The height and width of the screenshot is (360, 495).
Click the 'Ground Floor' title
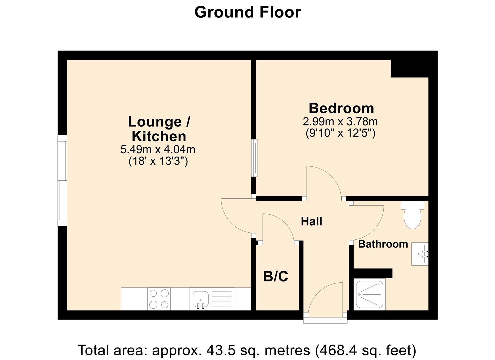(x=247, y=12)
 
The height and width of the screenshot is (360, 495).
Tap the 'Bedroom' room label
(x=341, y=108)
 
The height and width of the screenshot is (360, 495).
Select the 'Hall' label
(x=311, y=221)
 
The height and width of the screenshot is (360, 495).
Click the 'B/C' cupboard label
(x=275, y=276)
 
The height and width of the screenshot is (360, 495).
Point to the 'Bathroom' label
(x=383, y=244)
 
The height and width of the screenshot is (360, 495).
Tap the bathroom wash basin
(x=419, y=254)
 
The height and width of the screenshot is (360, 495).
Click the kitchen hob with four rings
(x=159, y=299)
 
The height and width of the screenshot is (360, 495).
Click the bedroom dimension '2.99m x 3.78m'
(x=340, y=121)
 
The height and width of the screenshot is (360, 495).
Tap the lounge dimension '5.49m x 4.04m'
(x=158, y=149)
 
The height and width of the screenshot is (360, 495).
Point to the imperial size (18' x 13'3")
(x=158, y=161)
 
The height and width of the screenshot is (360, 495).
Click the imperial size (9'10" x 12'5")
(x=340, y=133)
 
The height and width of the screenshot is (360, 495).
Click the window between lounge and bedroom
(x=255, y=158)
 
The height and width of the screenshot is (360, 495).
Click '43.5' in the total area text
(x=219, y=350)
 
